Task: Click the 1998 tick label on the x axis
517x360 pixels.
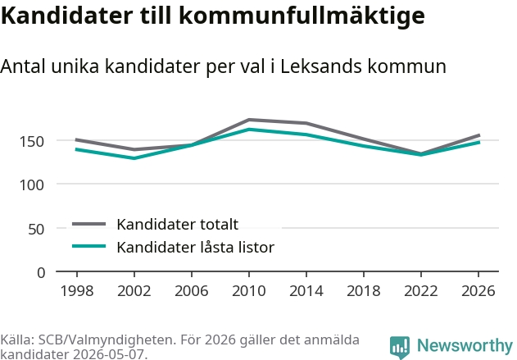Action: click(x=77, y=290)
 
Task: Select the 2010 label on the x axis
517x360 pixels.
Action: click(x=248, y=290)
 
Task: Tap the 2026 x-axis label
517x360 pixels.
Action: click(x=478, y=290)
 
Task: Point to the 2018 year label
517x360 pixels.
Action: click(x=363, y=290)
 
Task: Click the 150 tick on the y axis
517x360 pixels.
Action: click(x=32, y=142)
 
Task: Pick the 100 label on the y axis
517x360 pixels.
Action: click(x=32, y=185)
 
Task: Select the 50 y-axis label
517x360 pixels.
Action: click(x=36, y=229)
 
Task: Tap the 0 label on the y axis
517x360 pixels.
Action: click(x=41, y=273)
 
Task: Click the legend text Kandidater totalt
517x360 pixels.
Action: click(x=178, y=225)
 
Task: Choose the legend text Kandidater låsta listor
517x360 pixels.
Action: click(x=196, y=247)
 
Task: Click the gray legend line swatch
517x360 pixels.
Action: click(x=89, y=224)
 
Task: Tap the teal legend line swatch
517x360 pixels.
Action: click(x=89, y=246)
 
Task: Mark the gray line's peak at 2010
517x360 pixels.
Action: click(x=249, y=120)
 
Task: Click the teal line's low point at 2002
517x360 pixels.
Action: click(x=134, y=158)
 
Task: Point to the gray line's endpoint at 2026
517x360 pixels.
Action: click(x=479, y=135)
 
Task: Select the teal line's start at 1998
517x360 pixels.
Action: click(x=76, y=149)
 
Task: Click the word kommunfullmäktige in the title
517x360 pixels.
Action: click(x=302, y=16)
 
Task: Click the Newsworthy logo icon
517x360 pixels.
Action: click(x=400, y=348)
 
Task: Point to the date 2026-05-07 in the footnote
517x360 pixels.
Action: click(x=108, y=354)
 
